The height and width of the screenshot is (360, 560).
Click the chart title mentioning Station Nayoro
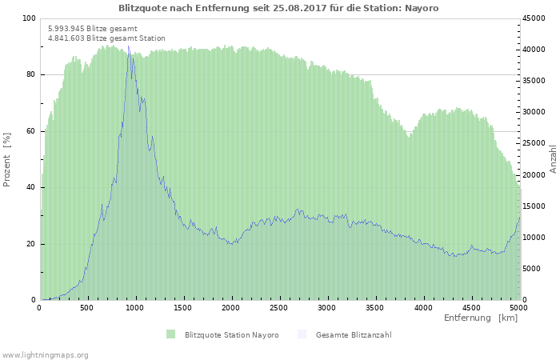pos(278,8)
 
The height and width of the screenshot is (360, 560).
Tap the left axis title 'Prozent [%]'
pos(6,160)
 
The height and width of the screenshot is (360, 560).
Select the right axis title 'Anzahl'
pos(553,159)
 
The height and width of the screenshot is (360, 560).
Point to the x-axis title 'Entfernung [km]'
pos(481,318)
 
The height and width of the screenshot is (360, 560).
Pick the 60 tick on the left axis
pos(31,131)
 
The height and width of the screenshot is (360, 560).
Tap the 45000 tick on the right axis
pos(534,18)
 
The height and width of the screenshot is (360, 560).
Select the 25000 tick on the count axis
pos(534,143)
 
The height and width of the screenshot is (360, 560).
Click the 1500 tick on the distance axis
pos(182,308)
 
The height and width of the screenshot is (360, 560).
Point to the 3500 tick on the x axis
pos(374,308)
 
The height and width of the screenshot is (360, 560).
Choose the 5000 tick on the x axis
pos(518,308)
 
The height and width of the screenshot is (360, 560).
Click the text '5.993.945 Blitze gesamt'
pos(93,29)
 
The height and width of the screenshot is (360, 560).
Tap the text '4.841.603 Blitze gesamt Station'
pos(106,38)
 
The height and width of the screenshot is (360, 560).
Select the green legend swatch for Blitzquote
pos(170,334)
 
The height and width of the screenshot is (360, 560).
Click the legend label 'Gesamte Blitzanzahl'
pos(354,335)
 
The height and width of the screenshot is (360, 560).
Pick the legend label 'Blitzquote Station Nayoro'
pos(231,335)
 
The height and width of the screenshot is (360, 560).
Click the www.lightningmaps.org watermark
pos(45,355)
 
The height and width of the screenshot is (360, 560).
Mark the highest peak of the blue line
pos(129,46)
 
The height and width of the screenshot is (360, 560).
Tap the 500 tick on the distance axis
pos(86,308)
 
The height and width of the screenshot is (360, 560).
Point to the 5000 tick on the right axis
pos(532,269)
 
